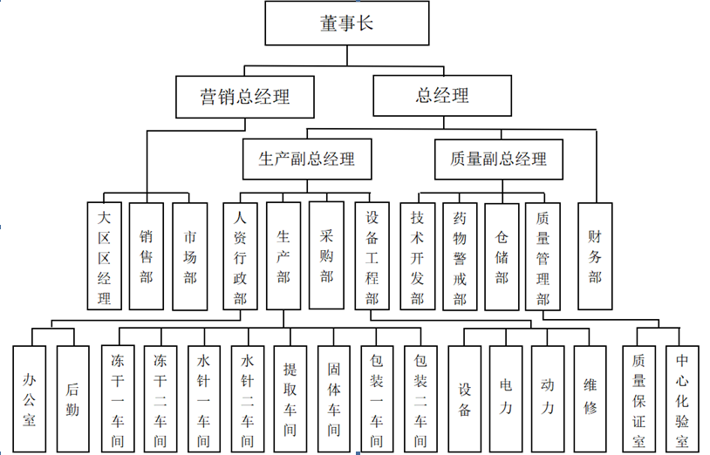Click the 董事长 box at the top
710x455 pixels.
(347, 23)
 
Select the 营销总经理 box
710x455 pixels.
(245, 97)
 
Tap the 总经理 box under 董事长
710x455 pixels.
(442, 95)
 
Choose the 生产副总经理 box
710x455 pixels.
(307, 159)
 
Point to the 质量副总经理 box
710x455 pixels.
(499, 160)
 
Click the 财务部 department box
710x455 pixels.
(595, 256)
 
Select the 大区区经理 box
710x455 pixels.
(104, 256)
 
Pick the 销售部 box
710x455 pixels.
(147, 256)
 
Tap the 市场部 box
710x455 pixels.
(190, 256)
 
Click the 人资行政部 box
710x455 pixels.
(240, 256)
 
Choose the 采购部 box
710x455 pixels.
(326, 255)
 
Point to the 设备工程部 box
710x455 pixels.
(372, 256)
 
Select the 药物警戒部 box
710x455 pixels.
(460, 256)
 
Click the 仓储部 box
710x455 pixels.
(502, 256)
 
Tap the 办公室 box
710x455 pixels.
(30, 399)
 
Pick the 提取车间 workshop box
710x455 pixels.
(290, 399)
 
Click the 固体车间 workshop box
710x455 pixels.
(334, 399)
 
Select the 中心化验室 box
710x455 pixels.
(682, 399)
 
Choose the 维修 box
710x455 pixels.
(590, 399)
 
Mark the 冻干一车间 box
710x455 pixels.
(118, 399)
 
